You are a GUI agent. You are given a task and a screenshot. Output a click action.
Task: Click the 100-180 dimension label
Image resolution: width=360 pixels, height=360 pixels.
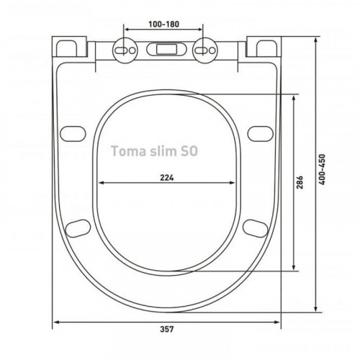[x=163, y=24]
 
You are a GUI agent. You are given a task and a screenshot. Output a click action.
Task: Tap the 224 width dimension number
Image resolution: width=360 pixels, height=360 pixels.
[x=167, y=178]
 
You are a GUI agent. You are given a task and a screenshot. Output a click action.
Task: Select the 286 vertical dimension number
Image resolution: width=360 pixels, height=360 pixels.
[x=300, y=182]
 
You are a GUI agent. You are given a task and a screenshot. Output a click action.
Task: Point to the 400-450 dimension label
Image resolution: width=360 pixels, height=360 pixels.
[x=322, y=169]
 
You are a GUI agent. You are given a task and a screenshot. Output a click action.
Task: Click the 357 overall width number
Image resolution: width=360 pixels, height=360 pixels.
[x=167, y=329]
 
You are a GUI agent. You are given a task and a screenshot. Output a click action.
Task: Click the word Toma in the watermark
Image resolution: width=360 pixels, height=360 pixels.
[x=125, y=151]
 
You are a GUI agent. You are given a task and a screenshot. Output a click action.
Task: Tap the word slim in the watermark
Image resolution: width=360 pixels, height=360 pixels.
[x=158, y=151]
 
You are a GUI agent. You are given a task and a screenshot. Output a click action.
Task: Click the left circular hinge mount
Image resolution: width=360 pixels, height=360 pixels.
[x=125, y=50]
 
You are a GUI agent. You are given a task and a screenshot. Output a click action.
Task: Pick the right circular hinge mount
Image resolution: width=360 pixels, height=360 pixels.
[x=205, y=50]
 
